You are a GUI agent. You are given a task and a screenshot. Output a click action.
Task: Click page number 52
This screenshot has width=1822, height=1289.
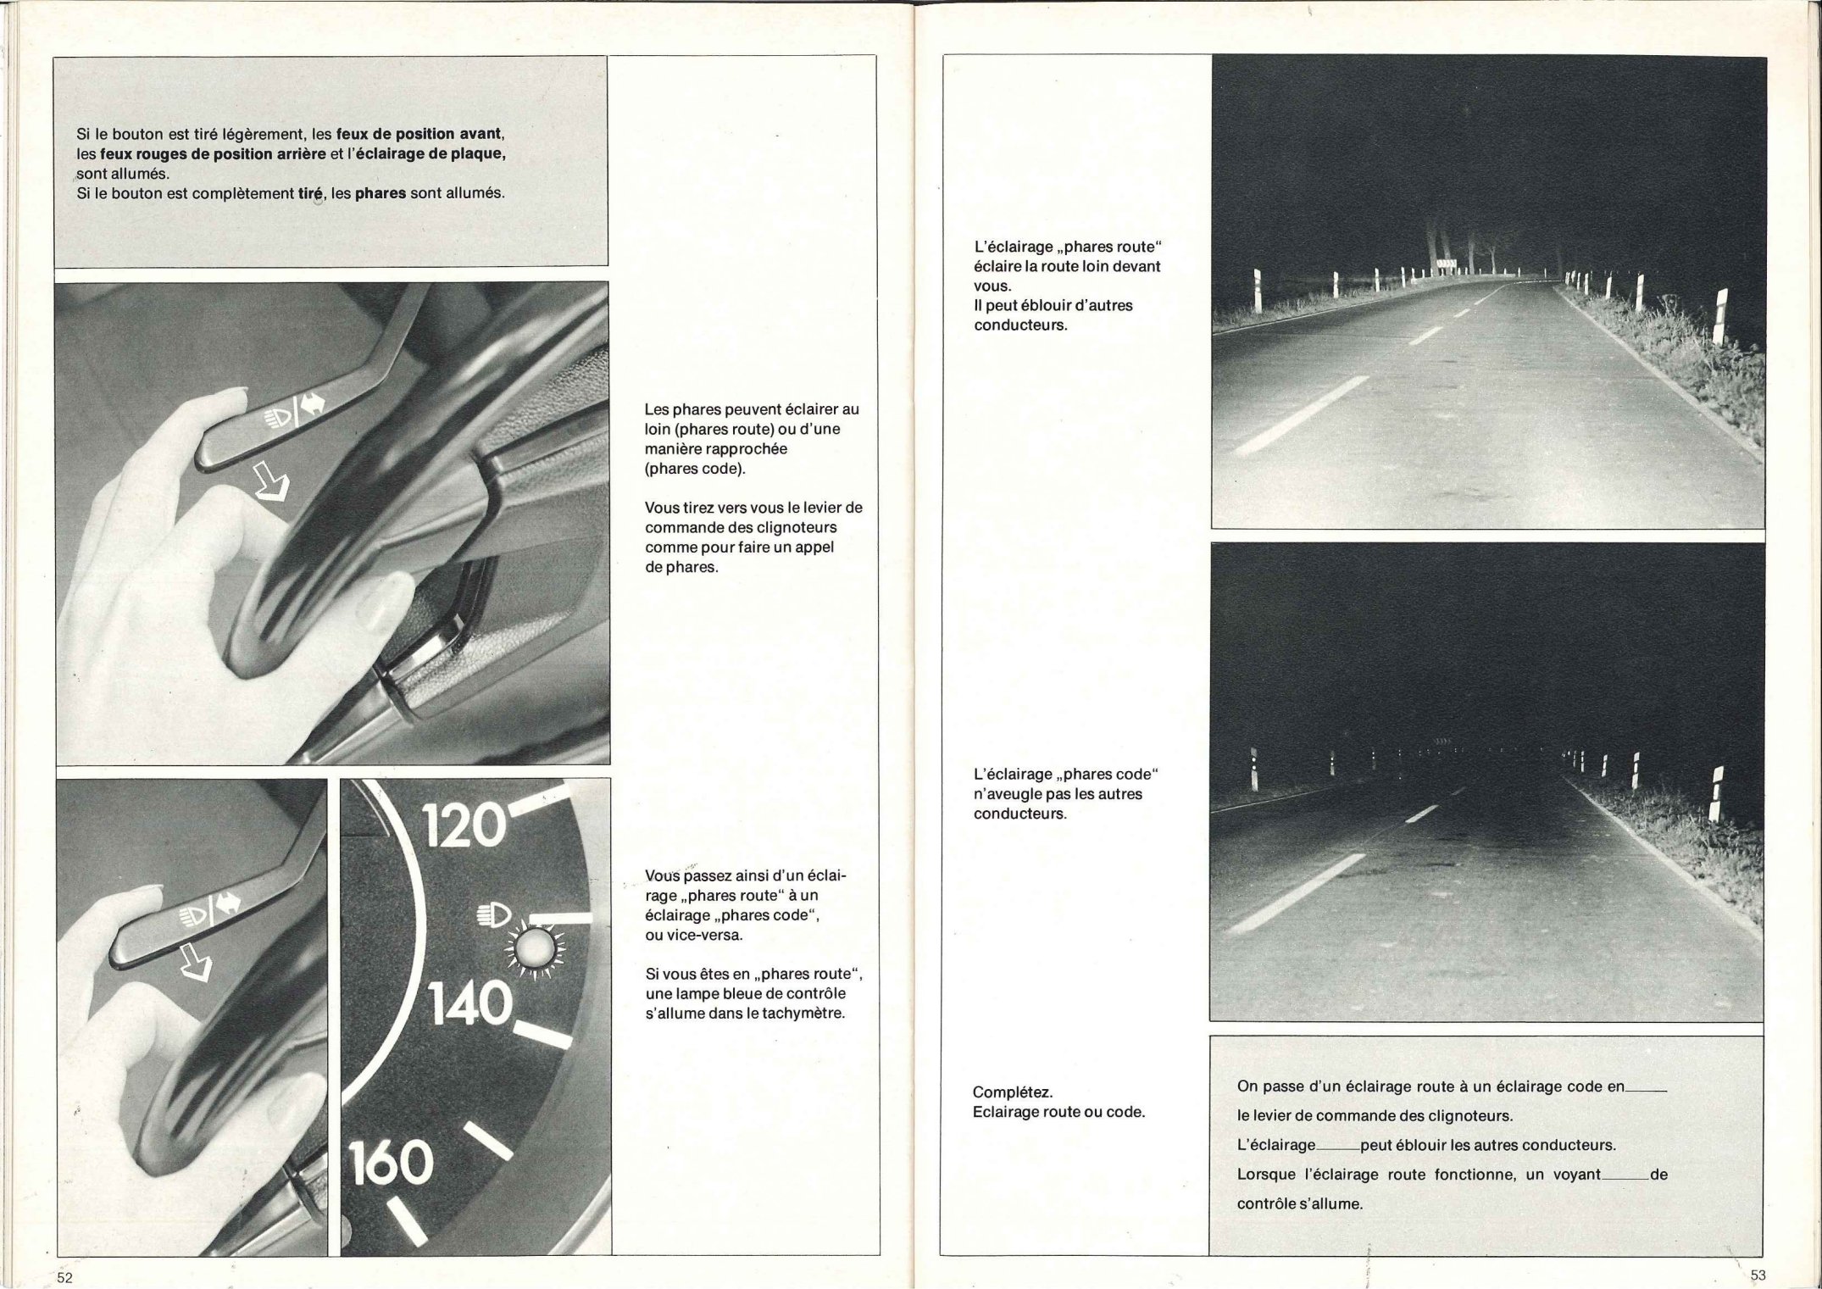point(64,1277)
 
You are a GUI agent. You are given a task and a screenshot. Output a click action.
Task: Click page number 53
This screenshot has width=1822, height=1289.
point(1758,1275)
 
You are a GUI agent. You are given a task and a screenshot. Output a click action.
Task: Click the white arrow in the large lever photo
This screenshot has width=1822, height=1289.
point(272,486)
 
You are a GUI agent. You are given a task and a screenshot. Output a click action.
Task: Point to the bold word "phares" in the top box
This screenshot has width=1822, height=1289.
point(380,192)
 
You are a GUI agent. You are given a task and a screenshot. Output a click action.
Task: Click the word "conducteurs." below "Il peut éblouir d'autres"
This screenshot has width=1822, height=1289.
point(1020,325)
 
